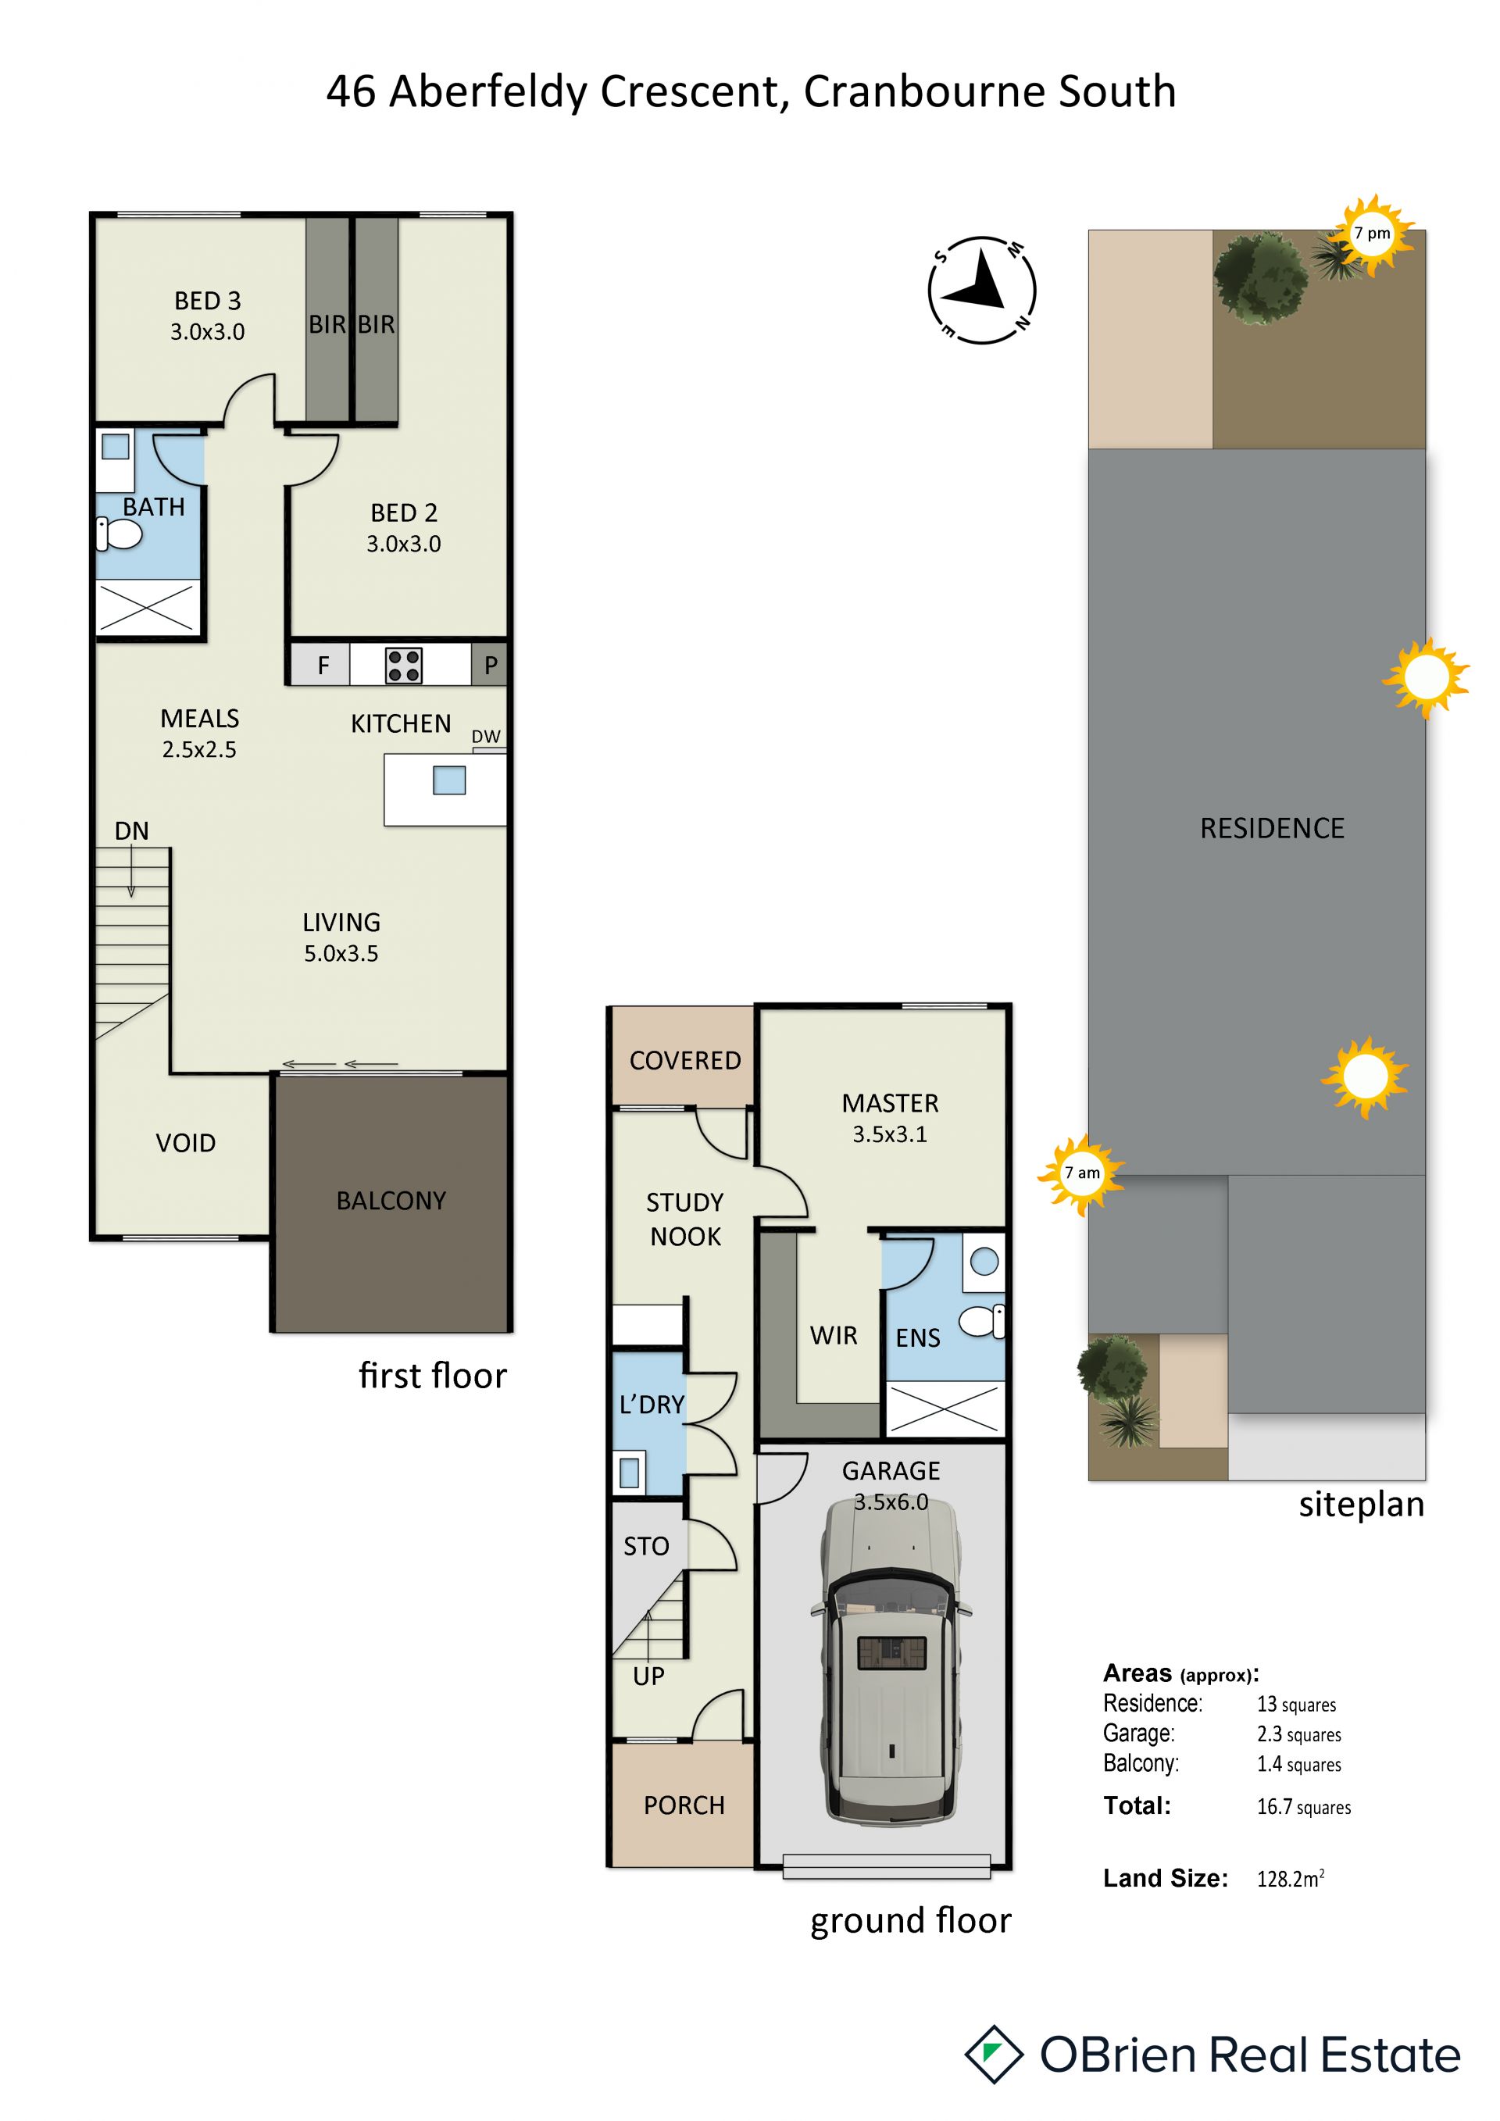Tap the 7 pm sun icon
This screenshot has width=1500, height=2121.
[x=1373, y=234]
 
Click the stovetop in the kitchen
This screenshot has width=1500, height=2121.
[x=404, y=665]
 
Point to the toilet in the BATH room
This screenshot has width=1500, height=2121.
[x=120, y=534]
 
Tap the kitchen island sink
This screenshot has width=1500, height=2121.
[x=449, y=780]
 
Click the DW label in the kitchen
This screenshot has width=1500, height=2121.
[x=486, y=736]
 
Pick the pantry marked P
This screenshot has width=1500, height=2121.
[x=490, y=665]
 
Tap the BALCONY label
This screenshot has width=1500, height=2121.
[x=391, y=1201]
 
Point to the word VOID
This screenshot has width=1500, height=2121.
[x=186, y=1144]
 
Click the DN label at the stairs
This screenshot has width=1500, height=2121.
[x=132, y=830]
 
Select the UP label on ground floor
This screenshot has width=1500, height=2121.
[x=648, y=1676]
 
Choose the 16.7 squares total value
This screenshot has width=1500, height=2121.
[x=1303, y=1807]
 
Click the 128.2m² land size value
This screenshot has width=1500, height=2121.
[x=1291, y=1878]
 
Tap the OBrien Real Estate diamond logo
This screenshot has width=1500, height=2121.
[x=994, y=2055]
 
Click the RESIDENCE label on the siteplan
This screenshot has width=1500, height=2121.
[x=1272, y=829]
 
